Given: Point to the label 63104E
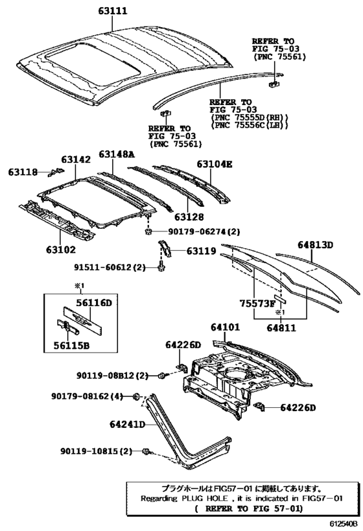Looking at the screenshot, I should tap(205, 165).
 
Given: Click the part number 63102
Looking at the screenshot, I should tap(60, 249).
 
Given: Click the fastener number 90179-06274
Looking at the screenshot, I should tap(193, 231).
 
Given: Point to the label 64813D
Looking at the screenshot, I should tap(315, 245).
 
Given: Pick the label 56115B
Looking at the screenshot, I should tap(67, 345).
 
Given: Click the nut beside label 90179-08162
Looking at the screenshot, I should tap(137, 396).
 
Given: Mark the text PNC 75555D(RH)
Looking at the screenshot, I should tap(249, 117).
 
